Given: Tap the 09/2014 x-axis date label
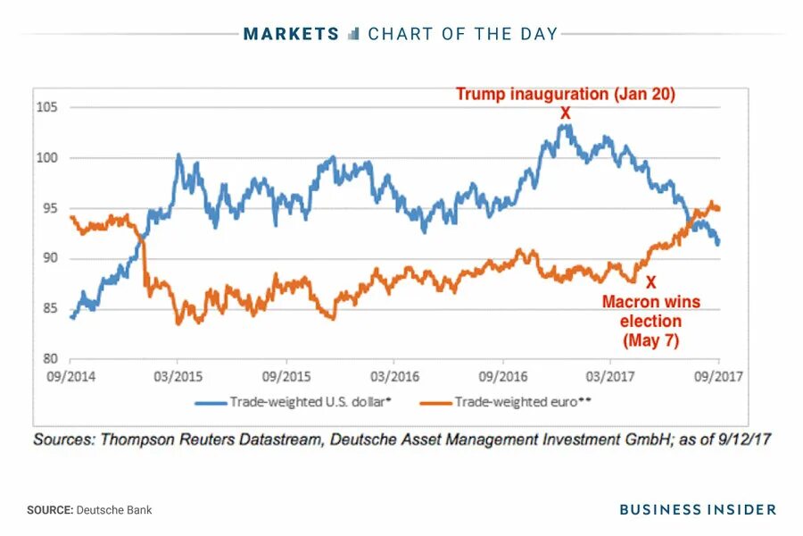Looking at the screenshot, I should coord(70,376).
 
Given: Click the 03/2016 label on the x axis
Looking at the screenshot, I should coord(394,376).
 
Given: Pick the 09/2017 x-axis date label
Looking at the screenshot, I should coord(720,376).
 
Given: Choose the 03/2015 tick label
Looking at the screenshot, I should coord(178,376).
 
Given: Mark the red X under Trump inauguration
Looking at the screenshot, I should coord(565,113).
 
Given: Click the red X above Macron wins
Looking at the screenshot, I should coord(650,281).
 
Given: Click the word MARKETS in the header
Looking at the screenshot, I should coord(292,34).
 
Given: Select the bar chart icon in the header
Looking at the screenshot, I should coord(353,34).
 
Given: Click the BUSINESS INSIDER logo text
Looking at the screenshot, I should coord(698,509).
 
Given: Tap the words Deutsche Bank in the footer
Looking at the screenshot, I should coord(114,510).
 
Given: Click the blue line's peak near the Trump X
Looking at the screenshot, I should coord(563,125).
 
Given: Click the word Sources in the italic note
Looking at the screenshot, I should coord(64,440).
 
